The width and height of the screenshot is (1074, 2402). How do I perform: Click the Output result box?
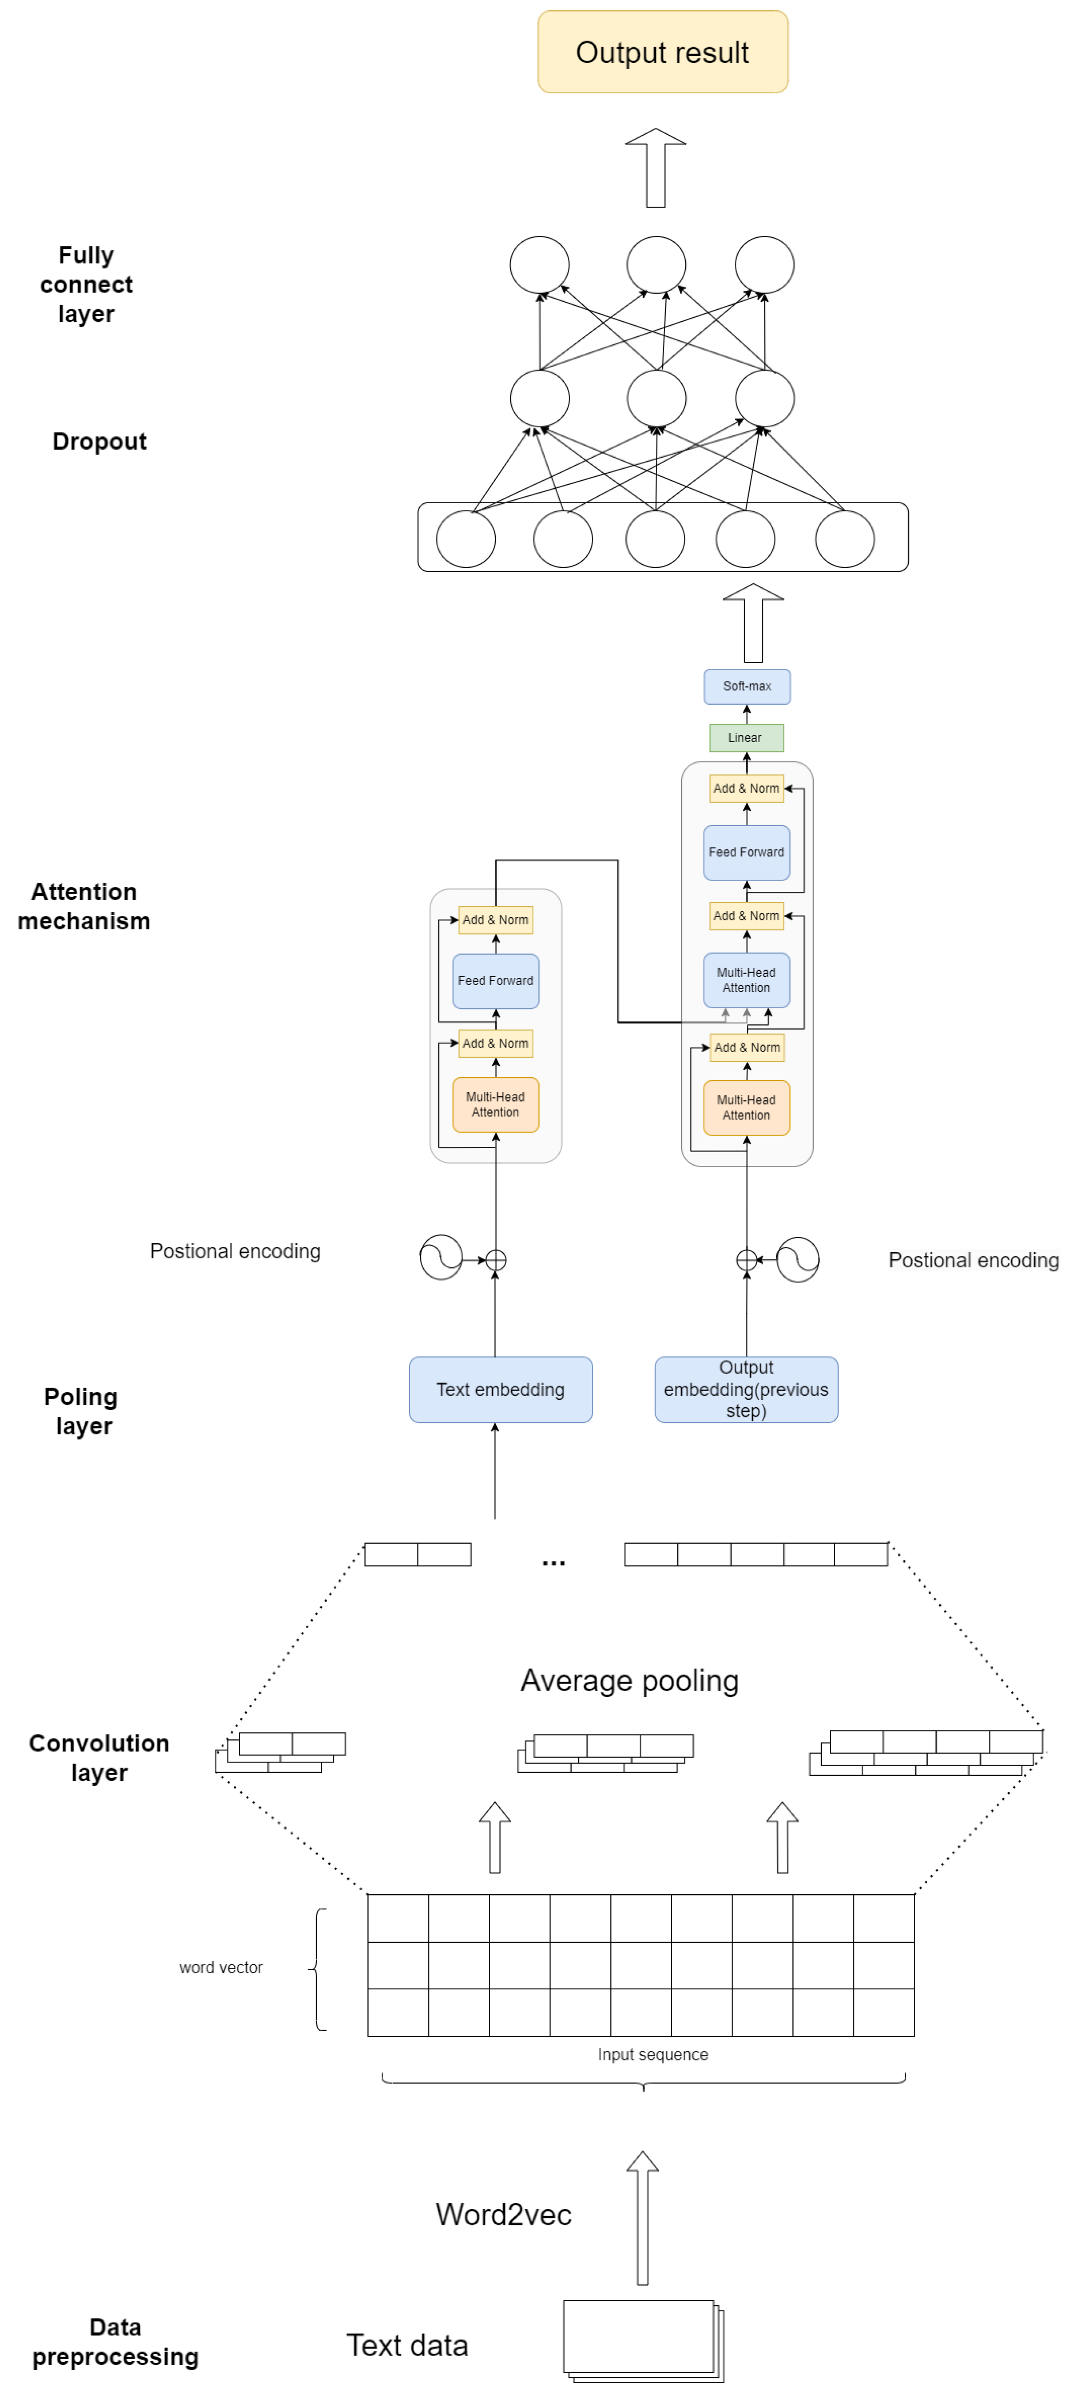[x=662, y=52]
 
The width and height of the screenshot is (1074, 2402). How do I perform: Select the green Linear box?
[x=746, y=738]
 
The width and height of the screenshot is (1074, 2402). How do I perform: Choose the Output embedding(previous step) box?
[x=746, y=1389]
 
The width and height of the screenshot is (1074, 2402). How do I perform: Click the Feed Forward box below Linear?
[x=746, y=852]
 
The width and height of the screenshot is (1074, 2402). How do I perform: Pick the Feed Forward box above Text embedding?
[x=495, y=981]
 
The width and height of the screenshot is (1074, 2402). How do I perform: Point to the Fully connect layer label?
[x=86, y=284]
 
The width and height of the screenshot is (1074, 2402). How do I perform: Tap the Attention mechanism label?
[x=84, y=906]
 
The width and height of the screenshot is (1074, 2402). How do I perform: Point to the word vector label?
[x=221, y=1968]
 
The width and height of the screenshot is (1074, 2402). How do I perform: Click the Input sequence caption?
[x=653, y=2054]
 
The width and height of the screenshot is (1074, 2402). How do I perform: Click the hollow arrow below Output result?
[x=655, y=168]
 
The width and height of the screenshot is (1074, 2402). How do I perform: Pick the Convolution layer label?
[x=99, y=1758]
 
